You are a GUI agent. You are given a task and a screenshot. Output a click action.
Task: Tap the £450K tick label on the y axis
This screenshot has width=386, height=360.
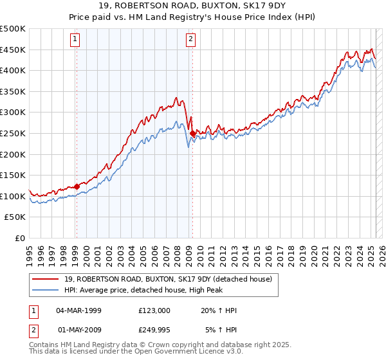pyautogui.click(x=13, y=50)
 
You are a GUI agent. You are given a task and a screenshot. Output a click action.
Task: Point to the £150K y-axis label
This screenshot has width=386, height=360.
pyautogui.click(x=13, y=175)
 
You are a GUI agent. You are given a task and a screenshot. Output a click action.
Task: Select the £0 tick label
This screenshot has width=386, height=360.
pyautogui.click(x=19, y=239)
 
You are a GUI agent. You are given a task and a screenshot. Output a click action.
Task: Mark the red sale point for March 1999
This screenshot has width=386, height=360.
pyautogui.click(x=77, y=186)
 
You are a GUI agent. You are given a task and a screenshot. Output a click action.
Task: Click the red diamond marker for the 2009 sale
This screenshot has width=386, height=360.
pyautogui.click(x=192, y=133)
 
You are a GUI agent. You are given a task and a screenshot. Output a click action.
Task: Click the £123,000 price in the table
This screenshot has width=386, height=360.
pyautogui.click(x=154, y=310)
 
